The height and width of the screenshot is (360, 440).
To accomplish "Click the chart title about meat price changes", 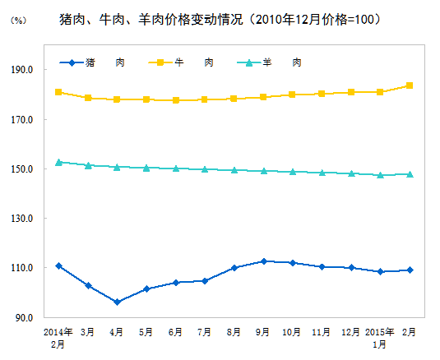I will coord(220,18).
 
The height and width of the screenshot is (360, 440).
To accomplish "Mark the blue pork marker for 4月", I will coord(117,302).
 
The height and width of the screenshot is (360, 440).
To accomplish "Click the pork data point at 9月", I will coord(263,261).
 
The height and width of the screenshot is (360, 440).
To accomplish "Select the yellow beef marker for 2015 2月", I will coord(410,85).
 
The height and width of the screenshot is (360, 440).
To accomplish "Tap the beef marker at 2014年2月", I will coord(58,92).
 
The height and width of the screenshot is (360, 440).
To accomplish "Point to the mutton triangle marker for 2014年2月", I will coord(58,162).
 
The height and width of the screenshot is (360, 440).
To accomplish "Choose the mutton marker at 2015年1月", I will coord(380,175).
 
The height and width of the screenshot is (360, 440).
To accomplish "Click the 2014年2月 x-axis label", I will coord(58,337).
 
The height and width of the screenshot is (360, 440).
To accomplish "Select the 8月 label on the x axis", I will coord(234,332).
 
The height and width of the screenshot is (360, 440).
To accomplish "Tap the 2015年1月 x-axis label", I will coord(380,337).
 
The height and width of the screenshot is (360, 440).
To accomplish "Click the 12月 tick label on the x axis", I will coord(351,332).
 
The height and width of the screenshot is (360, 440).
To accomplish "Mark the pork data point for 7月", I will coord(205,281).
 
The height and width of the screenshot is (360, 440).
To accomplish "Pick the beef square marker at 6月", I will coord(175,100).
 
